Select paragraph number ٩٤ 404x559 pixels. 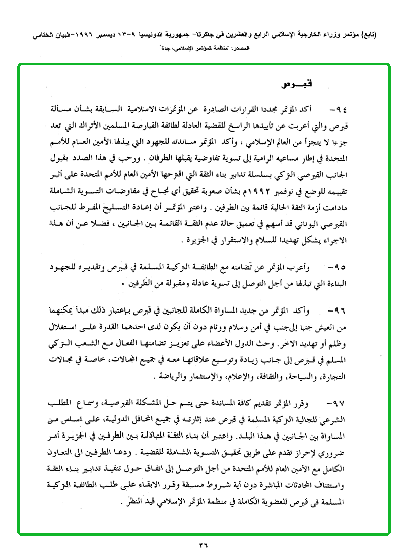340,108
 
